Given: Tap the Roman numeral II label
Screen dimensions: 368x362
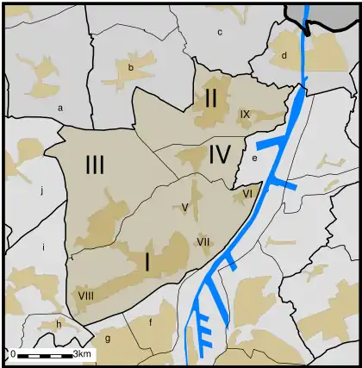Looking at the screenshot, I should point(211,97).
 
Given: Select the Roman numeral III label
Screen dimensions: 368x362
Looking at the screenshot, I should point(95,164).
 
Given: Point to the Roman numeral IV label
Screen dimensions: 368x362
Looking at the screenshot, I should point(220,155).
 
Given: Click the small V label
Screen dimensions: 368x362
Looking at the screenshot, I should point(184,208).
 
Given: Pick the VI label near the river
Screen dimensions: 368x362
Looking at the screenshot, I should point(247,194).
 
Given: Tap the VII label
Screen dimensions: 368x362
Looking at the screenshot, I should point(203,240).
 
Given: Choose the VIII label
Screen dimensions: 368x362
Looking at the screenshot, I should point(85,296).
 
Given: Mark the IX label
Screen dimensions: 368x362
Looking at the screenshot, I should point(245,114).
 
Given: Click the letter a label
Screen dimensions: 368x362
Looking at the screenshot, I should point(60,108).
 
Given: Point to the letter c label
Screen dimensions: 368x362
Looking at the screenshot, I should point(220,32).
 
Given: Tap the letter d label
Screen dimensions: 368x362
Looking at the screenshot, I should point(283,56).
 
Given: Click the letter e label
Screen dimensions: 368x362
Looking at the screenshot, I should point(254,159).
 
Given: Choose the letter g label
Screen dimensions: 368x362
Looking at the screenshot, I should point(108,339).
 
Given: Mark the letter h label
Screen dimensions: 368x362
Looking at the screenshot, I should point(58,323).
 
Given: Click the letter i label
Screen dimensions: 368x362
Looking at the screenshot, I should point(42,246).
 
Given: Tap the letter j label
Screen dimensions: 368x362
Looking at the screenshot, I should point(41,190).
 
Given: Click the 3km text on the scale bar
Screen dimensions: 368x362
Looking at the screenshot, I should point(83,354).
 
